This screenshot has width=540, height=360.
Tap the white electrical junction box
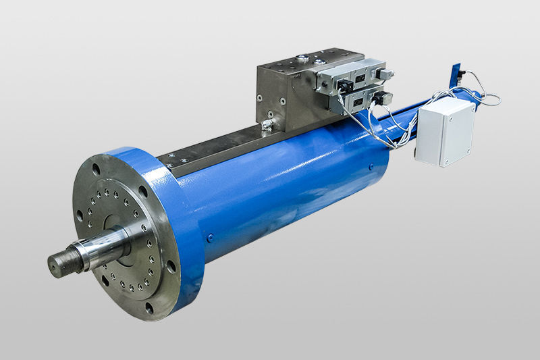444,132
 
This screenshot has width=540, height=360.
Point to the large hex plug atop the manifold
302,59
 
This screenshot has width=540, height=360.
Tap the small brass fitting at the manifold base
267,125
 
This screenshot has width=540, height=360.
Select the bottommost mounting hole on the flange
149,308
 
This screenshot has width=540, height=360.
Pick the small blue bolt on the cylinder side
210,237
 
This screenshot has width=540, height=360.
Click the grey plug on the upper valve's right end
386,74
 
